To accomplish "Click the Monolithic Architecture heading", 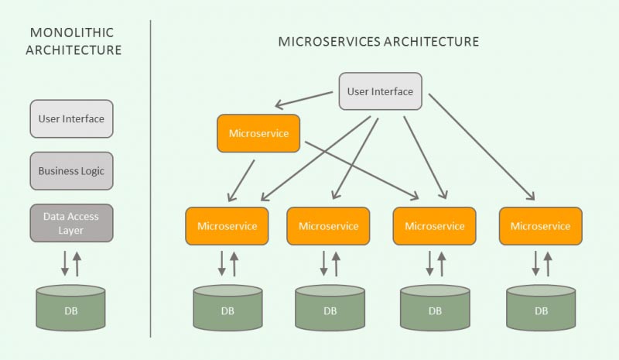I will coord(73,41).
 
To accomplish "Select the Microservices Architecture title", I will coord(378,41).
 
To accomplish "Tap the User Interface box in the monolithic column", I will coord(71,119).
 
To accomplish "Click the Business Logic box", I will coord(71,170).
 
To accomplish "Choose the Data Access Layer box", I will coord(71,223).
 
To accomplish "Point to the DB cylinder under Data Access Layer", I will coord(71,307).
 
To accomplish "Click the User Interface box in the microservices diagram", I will coord(380,91).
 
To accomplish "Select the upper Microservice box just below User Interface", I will coord(258,133).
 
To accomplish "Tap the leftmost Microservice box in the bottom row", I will coord(227,226).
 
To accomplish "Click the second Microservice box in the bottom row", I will coord(328,226).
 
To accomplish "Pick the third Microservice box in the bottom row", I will coord(434,226).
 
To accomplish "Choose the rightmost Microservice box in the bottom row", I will coord(540,226).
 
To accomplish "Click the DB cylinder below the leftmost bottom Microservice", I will coord(227,307).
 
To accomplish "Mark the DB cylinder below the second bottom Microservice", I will coord(330,307).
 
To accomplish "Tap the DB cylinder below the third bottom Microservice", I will coord(434,307).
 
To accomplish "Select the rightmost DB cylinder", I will coord(540,307).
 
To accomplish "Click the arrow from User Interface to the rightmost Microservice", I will coord(481,146).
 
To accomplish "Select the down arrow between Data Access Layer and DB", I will coord(65,262).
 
